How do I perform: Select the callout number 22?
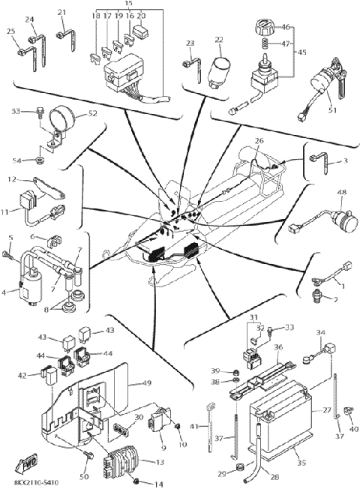220,39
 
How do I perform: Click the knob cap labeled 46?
264,30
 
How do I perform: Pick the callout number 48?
341,192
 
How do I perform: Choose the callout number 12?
12,179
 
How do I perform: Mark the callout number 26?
259,140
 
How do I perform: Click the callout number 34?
320,332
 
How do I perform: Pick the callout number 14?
157,484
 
